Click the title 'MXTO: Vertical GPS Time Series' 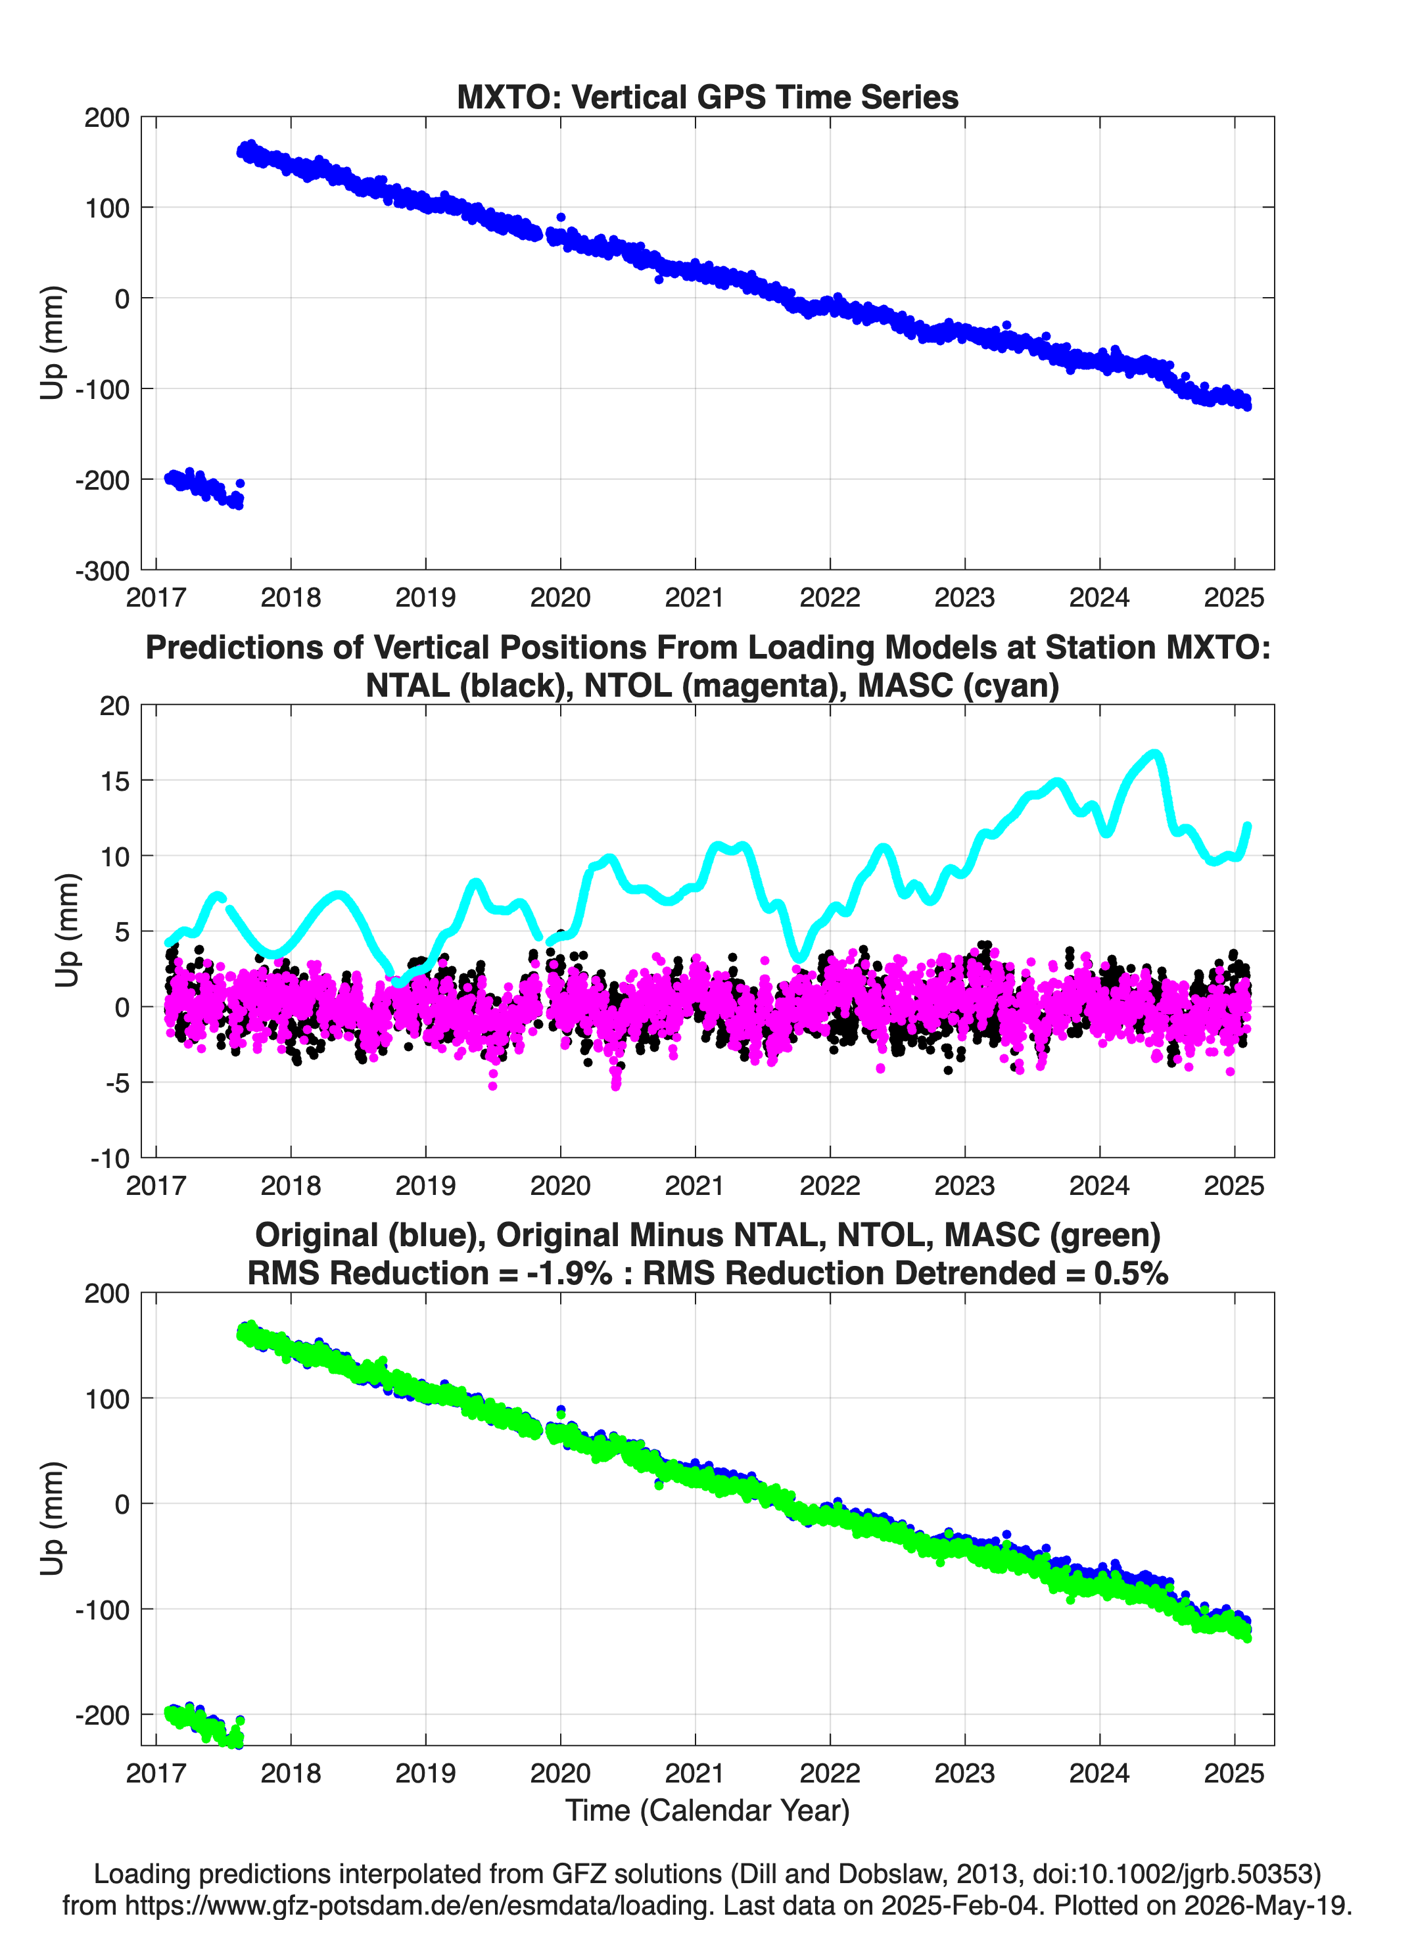[x=707, y=97]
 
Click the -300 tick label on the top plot [x=102, y=571]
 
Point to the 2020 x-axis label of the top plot [x=560, y=597]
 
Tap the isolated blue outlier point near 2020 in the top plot [x=561, y=218]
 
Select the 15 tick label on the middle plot [x=114, y=780]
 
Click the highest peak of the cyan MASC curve [x=1155, y=755]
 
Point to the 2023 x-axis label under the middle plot [x=965, y=1185]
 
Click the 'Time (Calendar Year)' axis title [x=708, y=1811]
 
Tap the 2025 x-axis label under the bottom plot [x=1235, y=1773]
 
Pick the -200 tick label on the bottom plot [x=102, y=1715]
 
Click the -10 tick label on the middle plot [x=110, y=1158]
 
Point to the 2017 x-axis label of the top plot [x=156, y=597]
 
